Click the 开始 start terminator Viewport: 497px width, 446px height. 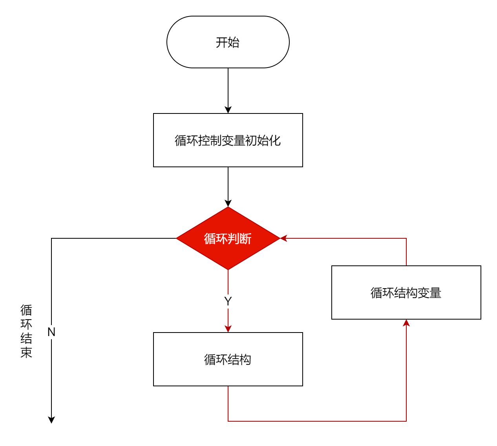tap(228, 42)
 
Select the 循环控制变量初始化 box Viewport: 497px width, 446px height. tap(228, 140)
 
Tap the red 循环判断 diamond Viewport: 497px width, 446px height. tap(228, 238)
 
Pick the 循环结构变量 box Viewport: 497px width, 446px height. tap(406, 292)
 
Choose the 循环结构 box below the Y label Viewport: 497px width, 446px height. tap(228, 359)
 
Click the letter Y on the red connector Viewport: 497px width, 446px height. tap(228, 301)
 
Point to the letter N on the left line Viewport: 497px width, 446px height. tap(51, 332)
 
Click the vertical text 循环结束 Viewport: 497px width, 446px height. tap(26, 331)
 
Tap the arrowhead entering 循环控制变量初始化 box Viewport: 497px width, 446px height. tap(228, 110)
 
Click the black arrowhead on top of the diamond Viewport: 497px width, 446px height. tap(228, 203)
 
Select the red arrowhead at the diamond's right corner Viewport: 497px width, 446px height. tap(283, 238)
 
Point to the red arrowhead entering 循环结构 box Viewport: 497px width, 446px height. tap(228, 329)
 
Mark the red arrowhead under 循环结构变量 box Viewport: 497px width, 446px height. tap(406, 323)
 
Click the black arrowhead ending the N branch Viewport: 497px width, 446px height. tap(51, 420)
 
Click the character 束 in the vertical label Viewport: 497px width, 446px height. tap(26, 353)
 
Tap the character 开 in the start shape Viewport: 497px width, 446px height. tap(221, 42)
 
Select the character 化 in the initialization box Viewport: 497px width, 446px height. tap(274, 141)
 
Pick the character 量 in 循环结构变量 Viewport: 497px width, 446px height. tap(435, 293)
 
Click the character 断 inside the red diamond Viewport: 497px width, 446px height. tap(245, 239)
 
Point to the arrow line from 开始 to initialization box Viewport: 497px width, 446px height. tap(228, 91)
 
